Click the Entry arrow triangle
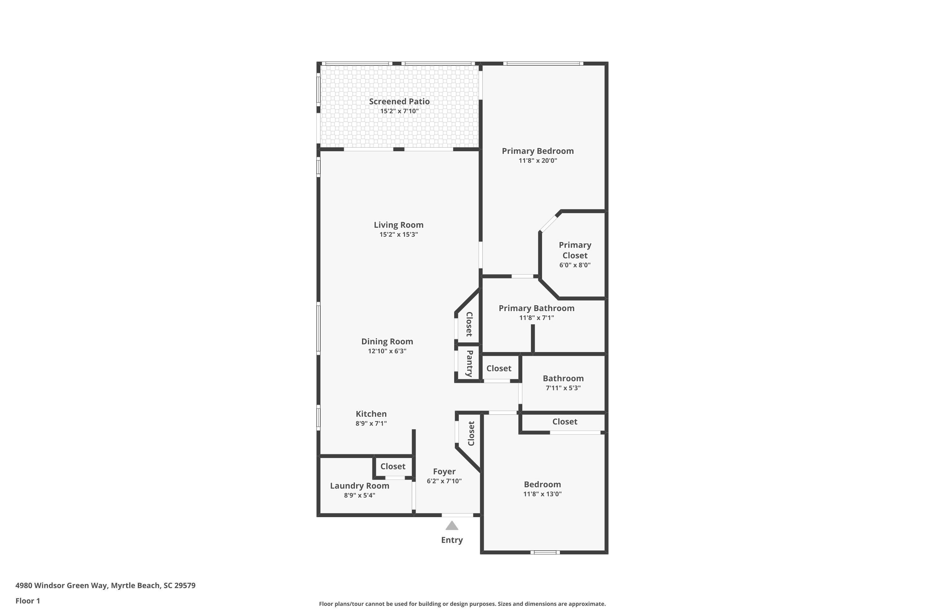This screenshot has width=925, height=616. coord(452,526)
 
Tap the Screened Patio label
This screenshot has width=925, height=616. coord(399,101)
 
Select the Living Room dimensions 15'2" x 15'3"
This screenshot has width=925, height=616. coord(398,234)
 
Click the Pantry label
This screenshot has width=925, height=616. coord(469,363)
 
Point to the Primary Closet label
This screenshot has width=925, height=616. coord(575,250)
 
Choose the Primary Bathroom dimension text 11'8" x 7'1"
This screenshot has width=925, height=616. coord(536,318)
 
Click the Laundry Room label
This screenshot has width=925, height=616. coord(360,486)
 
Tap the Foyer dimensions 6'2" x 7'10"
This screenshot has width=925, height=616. coord(444,481)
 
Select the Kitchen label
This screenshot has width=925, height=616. coord(371,414)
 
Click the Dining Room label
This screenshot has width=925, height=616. coord(387,341)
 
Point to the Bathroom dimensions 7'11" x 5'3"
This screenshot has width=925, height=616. coord(563,388)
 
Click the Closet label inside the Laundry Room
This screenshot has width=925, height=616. coord(393,466)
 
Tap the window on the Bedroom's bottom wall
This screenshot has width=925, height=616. coord(545,552)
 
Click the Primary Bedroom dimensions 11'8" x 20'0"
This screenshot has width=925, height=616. coord(538,161)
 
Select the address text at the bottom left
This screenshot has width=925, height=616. coord(105,586)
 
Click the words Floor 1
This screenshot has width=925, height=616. coord(27,601)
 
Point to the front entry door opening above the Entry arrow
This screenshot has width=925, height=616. coord(457,515)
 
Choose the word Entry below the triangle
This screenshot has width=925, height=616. coord(452,540)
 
